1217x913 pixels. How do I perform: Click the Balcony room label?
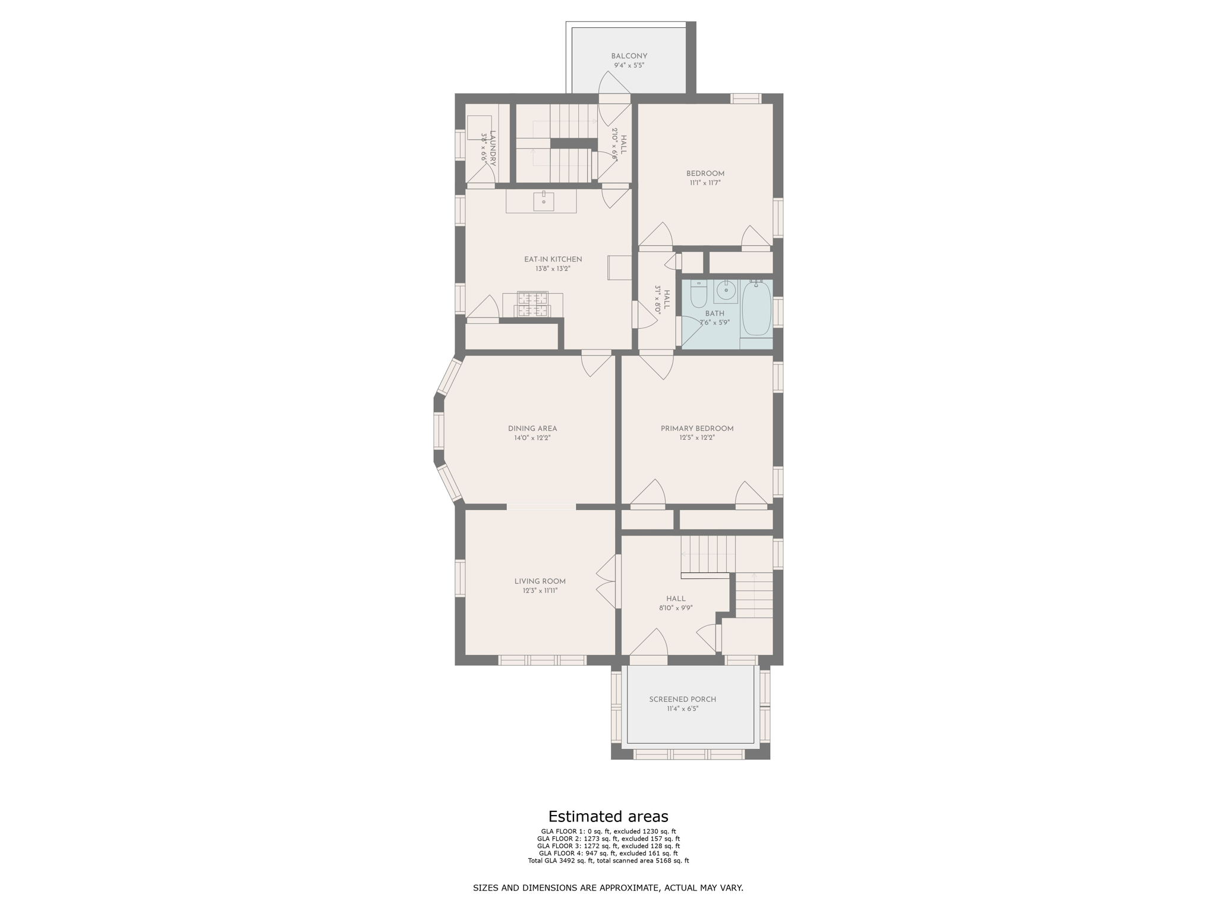click(x=629, y=56)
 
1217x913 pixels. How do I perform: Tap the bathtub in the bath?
click(x=756, y=309)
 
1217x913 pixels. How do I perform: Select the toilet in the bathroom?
click(x=698, y=294)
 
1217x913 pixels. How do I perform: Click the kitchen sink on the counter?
click(x=543, y=202)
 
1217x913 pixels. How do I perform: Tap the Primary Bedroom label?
click(x=696, y=429)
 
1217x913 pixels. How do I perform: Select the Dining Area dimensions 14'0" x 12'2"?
click(x=532, y=438)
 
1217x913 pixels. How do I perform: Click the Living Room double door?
click(x=607, y=581)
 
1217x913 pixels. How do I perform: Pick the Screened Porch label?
click(x=682, y=700)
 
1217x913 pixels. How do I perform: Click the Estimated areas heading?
click(x=608, y=816)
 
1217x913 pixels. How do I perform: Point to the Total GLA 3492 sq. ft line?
click(x=608, y=861)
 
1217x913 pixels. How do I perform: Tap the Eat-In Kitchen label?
click(x=553, y=260)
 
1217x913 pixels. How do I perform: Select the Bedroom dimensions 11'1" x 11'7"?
click(x=705, y=184)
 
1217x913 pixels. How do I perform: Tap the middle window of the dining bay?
click(x=439, y=431)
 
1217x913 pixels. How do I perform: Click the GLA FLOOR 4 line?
click(x=608, y=853)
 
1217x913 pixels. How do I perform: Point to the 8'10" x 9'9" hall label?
click(x=676, y=608)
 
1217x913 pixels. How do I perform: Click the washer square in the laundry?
click(x=479, y=128)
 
